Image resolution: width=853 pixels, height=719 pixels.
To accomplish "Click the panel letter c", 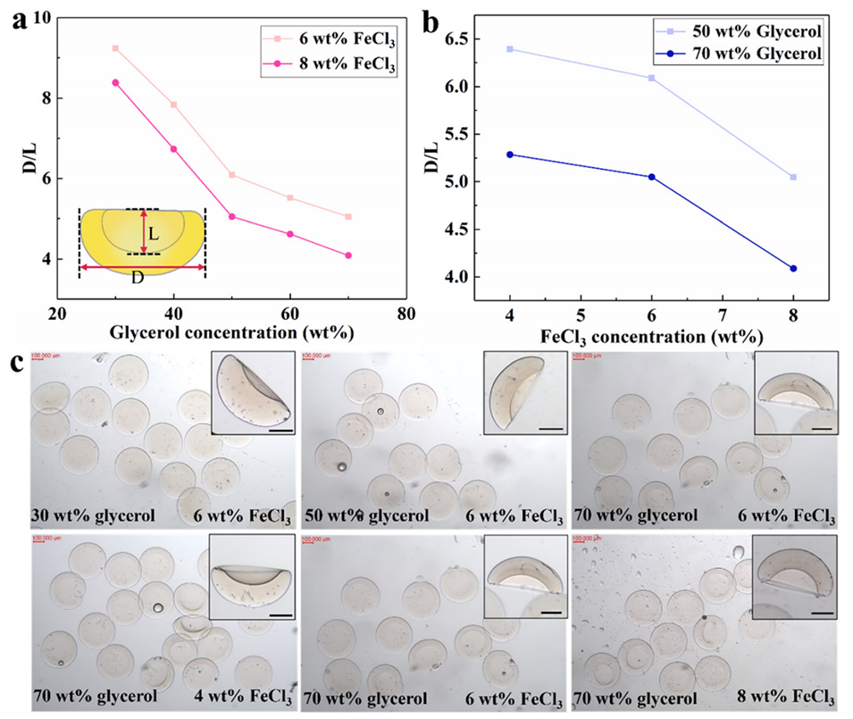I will (x=15, y=364).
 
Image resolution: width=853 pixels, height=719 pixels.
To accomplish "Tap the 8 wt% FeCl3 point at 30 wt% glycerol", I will (x=115, y=82).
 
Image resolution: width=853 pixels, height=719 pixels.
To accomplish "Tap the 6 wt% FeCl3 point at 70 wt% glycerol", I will (x=348, y=216).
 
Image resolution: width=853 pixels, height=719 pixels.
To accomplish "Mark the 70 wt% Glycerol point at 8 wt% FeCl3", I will (x=793, y=268).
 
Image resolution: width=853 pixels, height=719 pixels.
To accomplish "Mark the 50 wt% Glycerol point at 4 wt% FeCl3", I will (x=510, y=49).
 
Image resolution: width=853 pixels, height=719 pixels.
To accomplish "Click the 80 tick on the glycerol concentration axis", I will (x=406, y=314).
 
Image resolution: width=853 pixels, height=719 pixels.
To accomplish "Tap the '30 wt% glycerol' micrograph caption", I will (x=88, y=514).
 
